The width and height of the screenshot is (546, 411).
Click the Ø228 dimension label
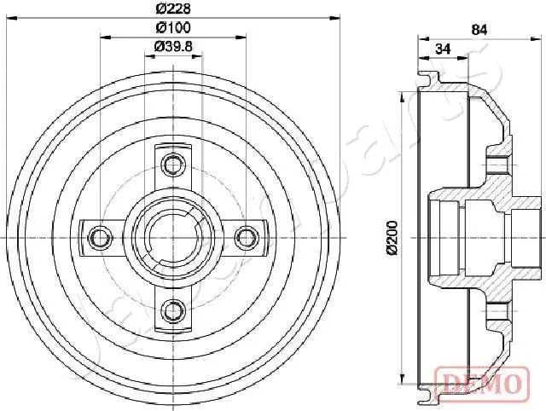(x=173, y=9)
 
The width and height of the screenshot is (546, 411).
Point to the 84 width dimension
(x=479, y=30)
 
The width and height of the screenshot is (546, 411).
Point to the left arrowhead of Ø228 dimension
(x=10, y=19)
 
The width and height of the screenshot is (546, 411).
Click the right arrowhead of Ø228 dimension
(x=336, y=19)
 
